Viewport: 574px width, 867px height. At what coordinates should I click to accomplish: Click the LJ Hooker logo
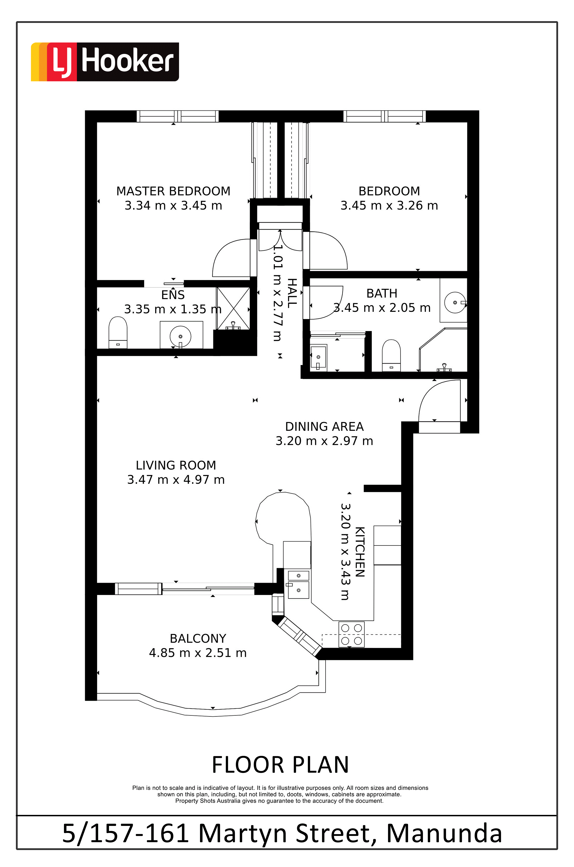tap(105, 62)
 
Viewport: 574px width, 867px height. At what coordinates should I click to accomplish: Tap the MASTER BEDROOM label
tap(173, 191)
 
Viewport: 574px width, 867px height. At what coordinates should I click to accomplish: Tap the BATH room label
tap(382, 293)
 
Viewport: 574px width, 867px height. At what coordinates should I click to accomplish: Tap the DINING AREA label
tap(324, 427)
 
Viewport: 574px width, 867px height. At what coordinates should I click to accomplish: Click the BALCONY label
tap(198, 639)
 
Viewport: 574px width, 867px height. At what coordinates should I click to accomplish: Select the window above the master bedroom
tap(177, 116)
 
